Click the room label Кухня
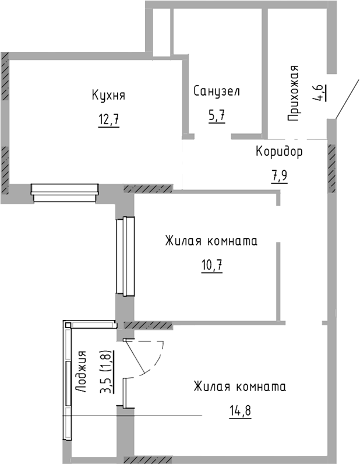point(108,95)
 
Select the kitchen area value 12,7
point(108,121)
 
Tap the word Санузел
point(217,92)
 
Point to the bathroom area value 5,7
point(217,115)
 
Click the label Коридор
point(280,152)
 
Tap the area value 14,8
point(239,412)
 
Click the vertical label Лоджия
point(82,372)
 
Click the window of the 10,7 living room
point(126,256)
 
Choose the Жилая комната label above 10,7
point(210,241)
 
